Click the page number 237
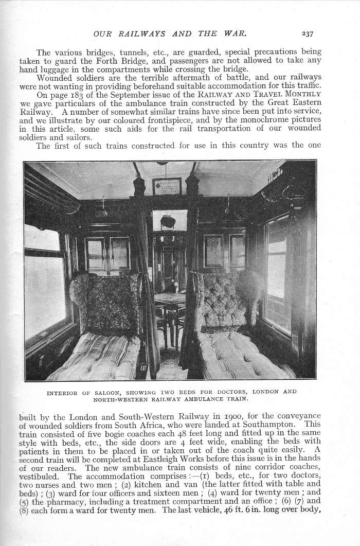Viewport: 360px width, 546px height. coord(308,34)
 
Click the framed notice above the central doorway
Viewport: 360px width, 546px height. coord(167,186)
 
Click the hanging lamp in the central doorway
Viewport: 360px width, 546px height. coord(167,220)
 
